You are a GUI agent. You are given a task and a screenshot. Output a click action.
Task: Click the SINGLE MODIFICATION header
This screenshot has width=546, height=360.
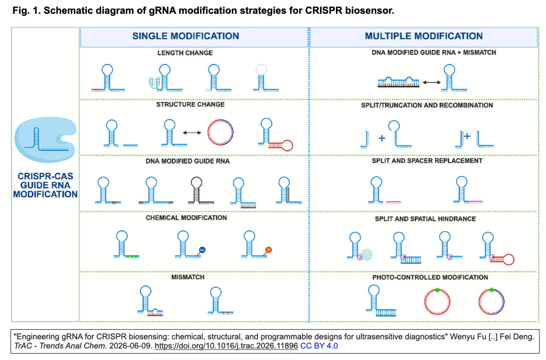point(186,36)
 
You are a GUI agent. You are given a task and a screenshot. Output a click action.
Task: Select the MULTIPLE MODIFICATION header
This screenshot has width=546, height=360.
point(423,36)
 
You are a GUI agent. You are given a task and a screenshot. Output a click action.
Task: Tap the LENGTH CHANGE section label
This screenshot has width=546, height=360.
point(185,53)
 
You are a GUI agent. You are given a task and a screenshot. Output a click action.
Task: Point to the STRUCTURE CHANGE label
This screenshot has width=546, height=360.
point(190,104)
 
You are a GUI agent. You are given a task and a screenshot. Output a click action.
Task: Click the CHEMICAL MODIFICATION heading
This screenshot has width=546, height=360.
point(186,218)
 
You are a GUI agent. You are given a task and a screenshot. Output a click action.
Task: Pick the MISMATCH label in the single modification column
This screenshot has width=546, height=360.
point(188,277)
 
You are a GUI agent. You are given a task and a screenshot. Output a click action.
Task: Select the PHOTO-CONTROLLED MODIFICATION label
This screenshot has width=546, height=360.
point(430,277)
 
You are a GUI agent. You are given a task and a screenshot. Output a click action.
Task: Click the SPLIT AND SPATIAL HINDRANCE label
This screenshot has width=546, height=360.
point(425,219)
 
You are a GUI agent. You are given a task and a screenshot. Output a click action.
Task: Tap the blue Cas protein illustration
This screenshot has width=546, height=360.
point(45,139)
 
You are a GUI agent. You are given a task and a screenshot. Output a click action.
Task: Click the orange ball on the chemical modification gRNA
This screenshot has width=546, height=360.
point(268,250)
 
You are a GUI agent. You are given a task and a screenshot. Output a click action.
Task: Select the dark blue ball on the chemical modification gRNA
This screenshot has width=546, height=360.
point(202,250)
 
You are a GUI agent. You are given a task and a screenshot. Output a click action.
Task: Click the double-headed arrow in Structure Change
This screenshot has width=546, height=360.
point(192,133)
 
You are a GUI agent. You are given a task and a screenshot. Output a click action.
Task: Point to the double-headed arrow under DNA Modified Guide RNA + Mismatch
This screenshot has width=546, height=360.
point(432,83)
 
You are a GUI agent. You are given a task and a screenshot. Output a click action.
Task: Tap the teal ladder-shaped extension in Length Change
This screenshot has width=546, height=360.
point(154,83)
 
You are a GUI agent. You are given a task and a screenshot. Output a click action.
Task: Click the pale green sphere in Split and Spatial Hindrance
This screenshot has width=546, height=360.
point(367,255)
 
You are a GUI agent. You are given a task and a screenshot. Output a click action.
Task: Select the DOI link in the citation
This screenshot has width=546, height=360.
point(226,346)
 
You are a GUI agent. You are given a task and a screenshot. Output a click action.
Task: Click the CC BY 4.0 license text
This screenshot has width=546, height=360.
point(319,346)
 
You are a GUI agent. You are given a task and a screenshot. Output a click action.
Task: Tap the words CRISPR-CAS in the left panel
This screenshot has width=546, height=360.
point(45,177)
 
